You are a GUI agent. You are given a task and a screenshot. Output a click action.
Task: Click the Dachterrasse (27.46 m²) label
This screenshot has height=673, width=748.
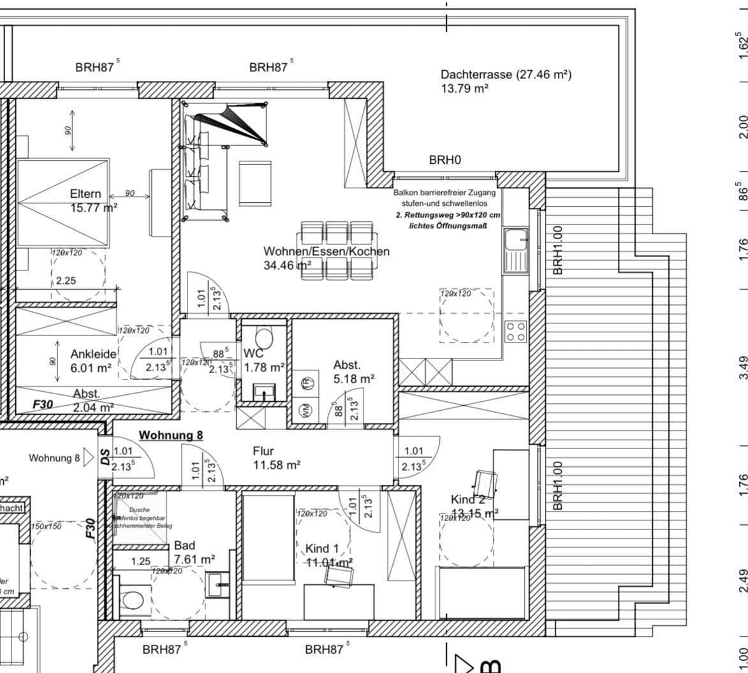pyautogui.click(x=506, y=75)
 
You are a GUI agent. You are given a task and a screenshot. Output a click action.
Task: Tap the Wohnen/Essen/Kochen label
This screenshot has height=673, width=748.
pyautogui.click(x=326, y=251)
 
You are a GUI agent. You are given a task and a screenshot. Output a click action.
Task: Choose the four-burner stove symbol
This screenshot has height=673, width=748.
pyautogui.click(x=515, y=331)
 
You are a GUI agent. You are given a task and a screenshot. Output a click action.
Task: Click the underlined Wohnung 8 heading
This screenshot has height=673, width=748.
pyautogui.click(x=171, y=435)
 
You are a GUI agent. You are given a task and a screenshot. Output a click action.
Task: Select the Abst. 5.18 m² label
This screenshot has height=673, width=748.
pyautogui.click(x=353, y=372)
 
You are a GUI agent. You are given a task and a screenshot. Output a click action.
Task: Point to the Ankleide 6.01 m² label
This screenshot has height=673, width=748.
pyautogui.click(x=93, y=360)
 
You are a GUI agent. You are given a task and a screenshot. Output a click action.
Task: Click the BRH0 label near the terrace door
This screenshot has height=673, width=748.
pyautogui.click(x=444, y=160)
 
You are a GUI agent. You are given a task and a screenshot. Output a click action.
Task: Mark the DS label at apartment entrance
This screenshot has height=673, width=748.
pyautogui.click(x=105, y=457)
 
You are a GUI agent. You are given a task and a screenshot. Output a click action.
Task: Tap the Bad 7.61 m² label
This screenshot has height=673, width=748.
pyautogui.click(x=194, y=552)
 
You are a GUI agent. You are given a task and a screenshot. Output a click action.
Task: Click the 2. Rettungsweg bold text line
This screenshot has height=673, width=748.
pyautogui.click(x=448, y=216)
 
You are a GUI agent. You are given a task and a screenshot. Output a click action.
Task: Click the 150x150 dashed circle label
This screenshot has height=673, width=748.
pyautogui.click(x=46, y=526)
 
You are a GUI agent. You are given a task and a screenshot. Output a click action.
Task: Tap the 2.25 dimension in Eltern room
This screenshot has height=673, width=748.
pyautogui.click(x=66, y=280)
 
